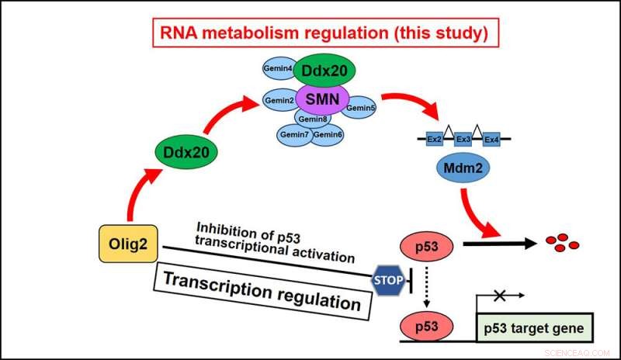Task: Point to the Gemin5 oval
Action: coord(360,107)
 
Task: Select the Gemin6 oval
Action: coord(328,135)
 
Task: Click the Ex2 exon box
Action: coord(435,140)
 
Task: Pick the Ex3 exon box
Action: coord(463,140)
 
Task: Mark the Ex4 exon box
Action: coord(491,140)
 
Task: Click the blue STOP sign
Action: coord(387,280)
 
